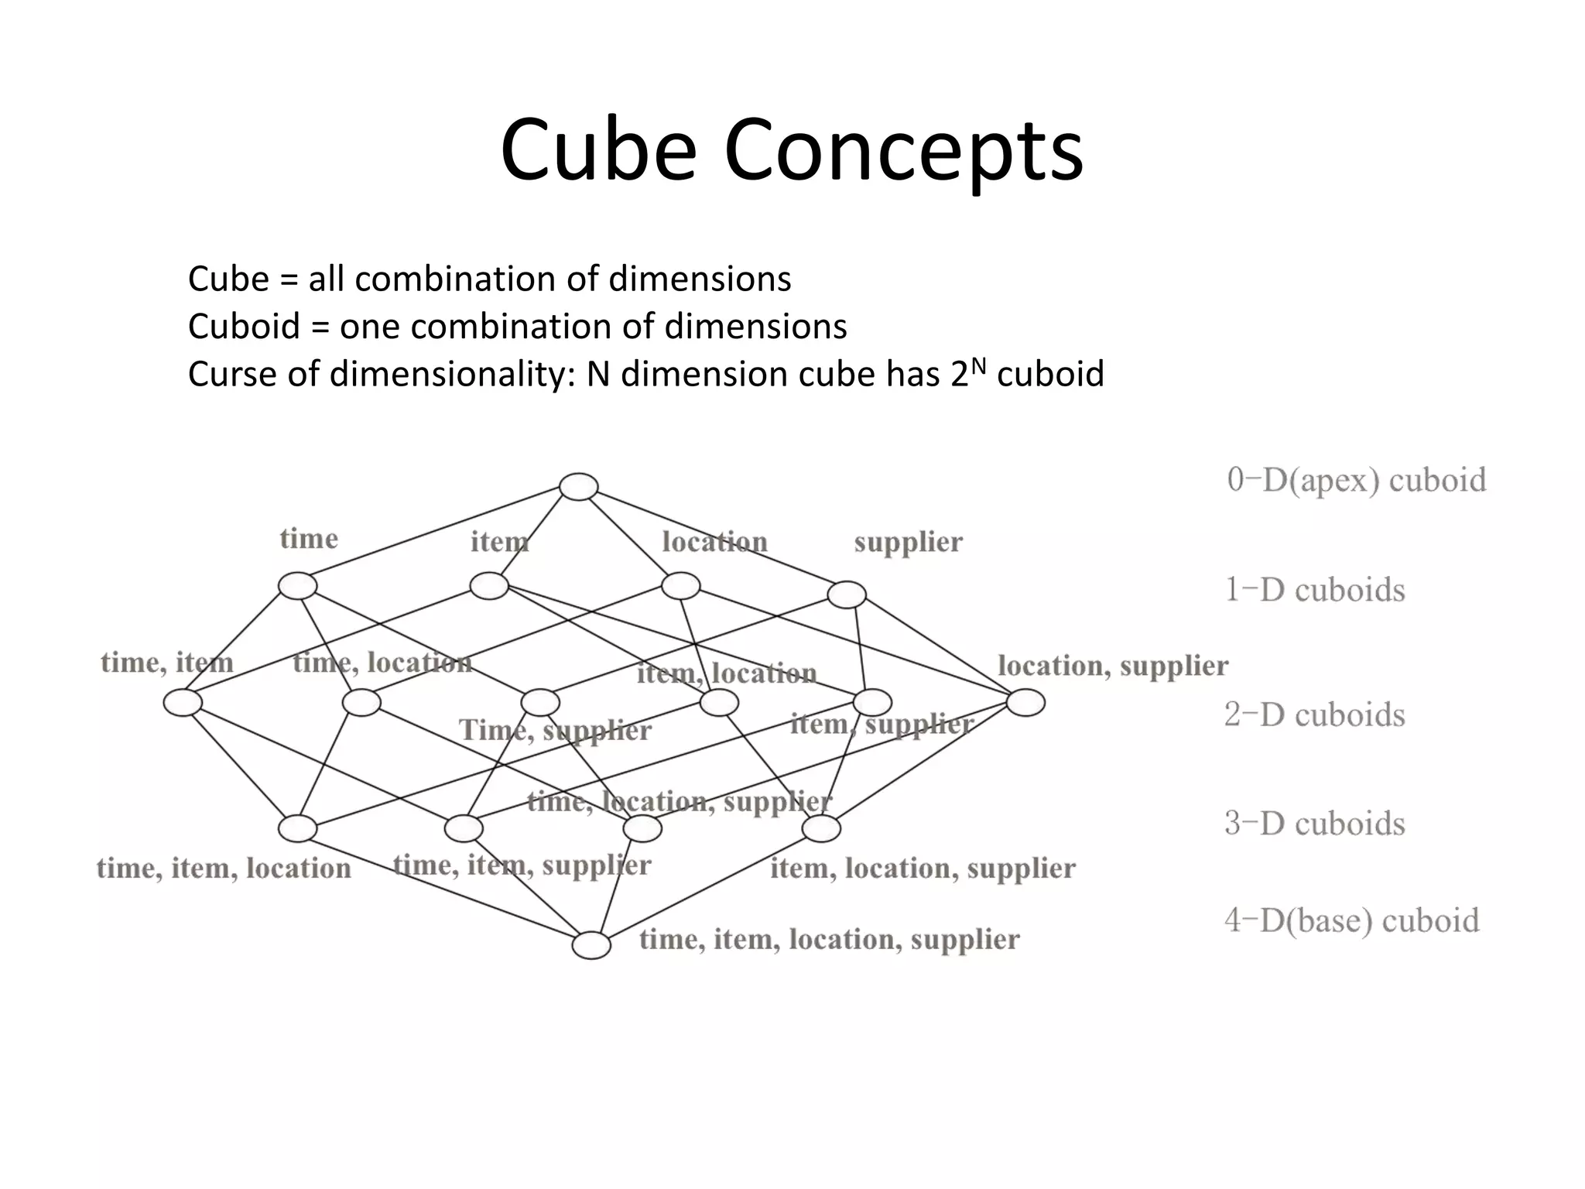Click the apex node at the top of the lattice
tap(578, 487)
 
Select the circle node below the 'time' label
tap(298, 586)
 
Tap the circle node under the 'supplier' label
tap(847, 594)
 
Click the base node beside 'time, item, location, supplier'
tap(591, 946)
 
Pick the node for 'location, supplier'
tap(1026, 703)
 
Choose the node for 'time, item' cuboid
tap(183, 703)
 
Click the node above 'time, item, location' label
tap(298, 829)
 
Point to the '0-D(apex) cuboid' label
tap(1357, 480)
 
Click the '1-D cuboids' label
tap(1315, 590)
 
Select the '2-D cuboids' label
tap(1315, 714)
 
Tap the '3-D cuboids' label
tap(1315, 824)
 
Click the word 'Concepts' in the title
tap(903, 150)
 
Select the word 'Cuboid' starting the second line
tap(244, 327)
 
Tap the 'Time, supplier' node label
tap(556, 731)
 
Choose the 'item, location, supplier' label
tap(923, 869)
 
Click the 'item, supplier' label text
tap(882, 725)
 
